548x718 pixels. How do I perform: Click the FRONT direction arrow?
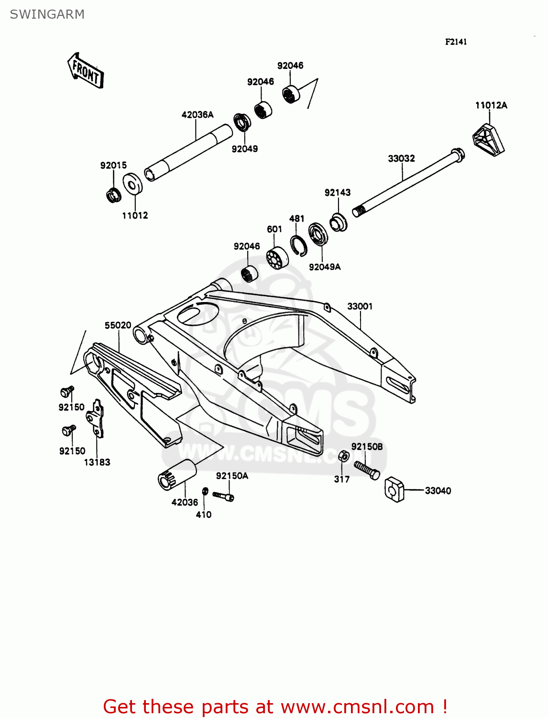(86, 71)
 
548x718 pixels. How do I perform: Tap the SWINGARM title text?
(47, 14)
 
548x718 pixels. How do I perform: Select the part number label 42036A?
(197, 115)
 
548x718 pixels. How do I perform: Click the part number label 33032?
(401, 158)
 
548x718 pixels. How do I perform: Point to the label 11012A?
(491, 105)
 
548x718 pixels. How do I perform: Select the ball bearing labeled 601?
(277, 258)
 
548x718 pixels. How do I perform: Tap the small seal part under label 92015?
(113, 195)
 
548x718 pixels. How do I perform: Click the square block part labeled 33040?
(395, 489)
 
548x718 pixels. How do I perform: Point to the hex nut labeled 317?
(343, 456)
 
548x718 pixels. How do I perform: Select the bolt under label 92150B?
(367, 469)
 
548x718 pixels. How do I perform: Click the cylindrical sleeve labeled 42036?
(177, 475)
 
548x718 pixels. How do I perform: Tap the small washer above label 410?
(205, 492)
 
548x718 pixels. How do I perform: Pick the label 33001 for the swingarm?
(360, 306)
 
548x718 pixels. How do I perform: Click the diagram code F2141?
(456, 42)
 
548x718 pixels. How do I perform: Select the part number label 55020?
(118, 325)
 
